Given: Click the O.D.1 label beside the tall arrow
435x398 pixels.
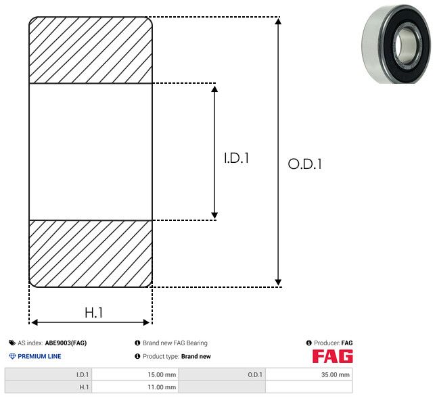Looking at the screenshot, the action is tap(305, 164).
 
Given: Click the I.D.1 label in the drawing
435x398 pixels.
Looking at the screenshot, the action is tap(236, 158).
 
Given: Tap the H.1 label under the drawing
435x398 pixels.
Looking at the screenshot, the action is tap(93, 313).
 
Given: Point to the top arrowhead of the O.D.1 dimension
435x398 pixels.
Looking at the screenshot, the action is tap(278, 21).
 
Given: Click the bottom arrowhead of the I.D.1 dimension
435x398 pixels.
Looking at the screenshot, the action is tap(214, 216).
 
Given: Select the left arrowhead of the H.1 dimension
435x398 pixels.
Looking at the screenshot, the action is tap(35, 322).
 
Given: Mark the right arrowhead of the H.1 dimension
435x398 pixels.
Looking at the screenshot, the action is tap(146, 322).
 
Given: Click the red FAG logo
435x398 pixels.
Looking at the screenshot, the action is tap(333, 356).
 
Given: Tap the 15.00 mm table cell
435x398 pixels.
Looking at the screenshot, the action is tap(135, 374).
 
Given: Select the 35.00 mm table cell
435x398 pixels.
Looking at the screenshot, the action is tap(308, 374).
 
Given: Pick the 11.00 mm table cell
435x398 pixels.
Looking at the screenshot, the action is tap(135, 387).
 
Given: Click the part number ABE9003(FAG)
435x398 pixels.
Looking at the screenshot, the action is tap(66, 343).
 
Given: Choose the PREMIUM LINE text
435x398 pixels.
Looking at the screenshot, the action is tap(39, 356).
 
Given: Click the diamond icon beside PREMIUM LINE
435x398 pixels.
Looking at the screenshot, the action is tap(12, 356).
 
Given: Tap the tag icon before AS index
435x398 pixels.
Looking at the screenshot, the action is tap(12, 343).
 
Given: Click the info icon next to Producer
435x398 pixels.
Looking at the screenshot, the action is tap(308, 343).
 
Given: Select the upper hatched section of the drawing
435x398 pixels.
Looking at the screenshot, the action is tap(91, 50).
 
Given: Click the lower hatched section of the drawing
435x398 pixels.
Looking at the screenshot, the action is tap(91, 253).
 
